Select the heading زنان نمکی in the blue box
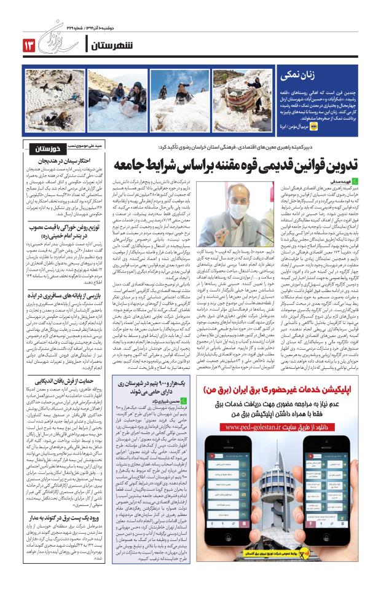point(299,76)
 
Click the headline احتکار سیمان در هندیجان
point(52,161)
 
